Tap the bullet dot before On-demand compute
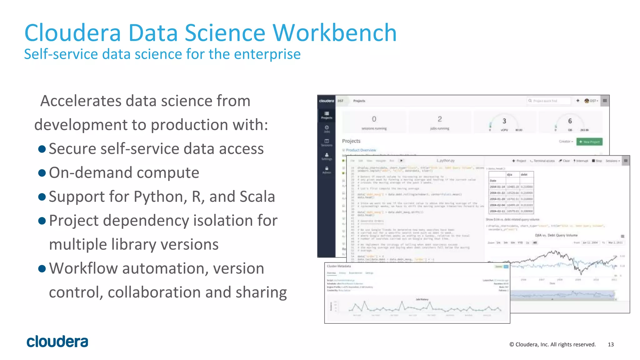click(42, 173)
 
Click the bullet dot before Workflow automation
click(42, 268)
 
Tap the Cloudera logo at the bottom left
click(57, 342)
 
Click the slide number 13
click(611, 344)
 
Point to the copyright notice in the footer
click(552, 344)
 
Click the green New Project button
click(589, 142)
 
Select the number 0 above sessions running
click(374, 119)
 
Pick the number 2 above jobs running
click(440, 119)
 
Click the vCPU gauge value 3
click(504, 121)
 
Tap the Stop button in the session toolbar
click(597, 161)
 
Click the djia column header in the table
click(509, 175)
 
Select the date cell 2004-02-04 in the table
click(497, 205)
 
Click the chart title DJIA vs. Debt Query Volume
click(556, 235)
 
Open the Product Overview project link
click(361, 150)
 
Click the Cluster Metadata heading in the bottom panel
click(339, 266)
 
